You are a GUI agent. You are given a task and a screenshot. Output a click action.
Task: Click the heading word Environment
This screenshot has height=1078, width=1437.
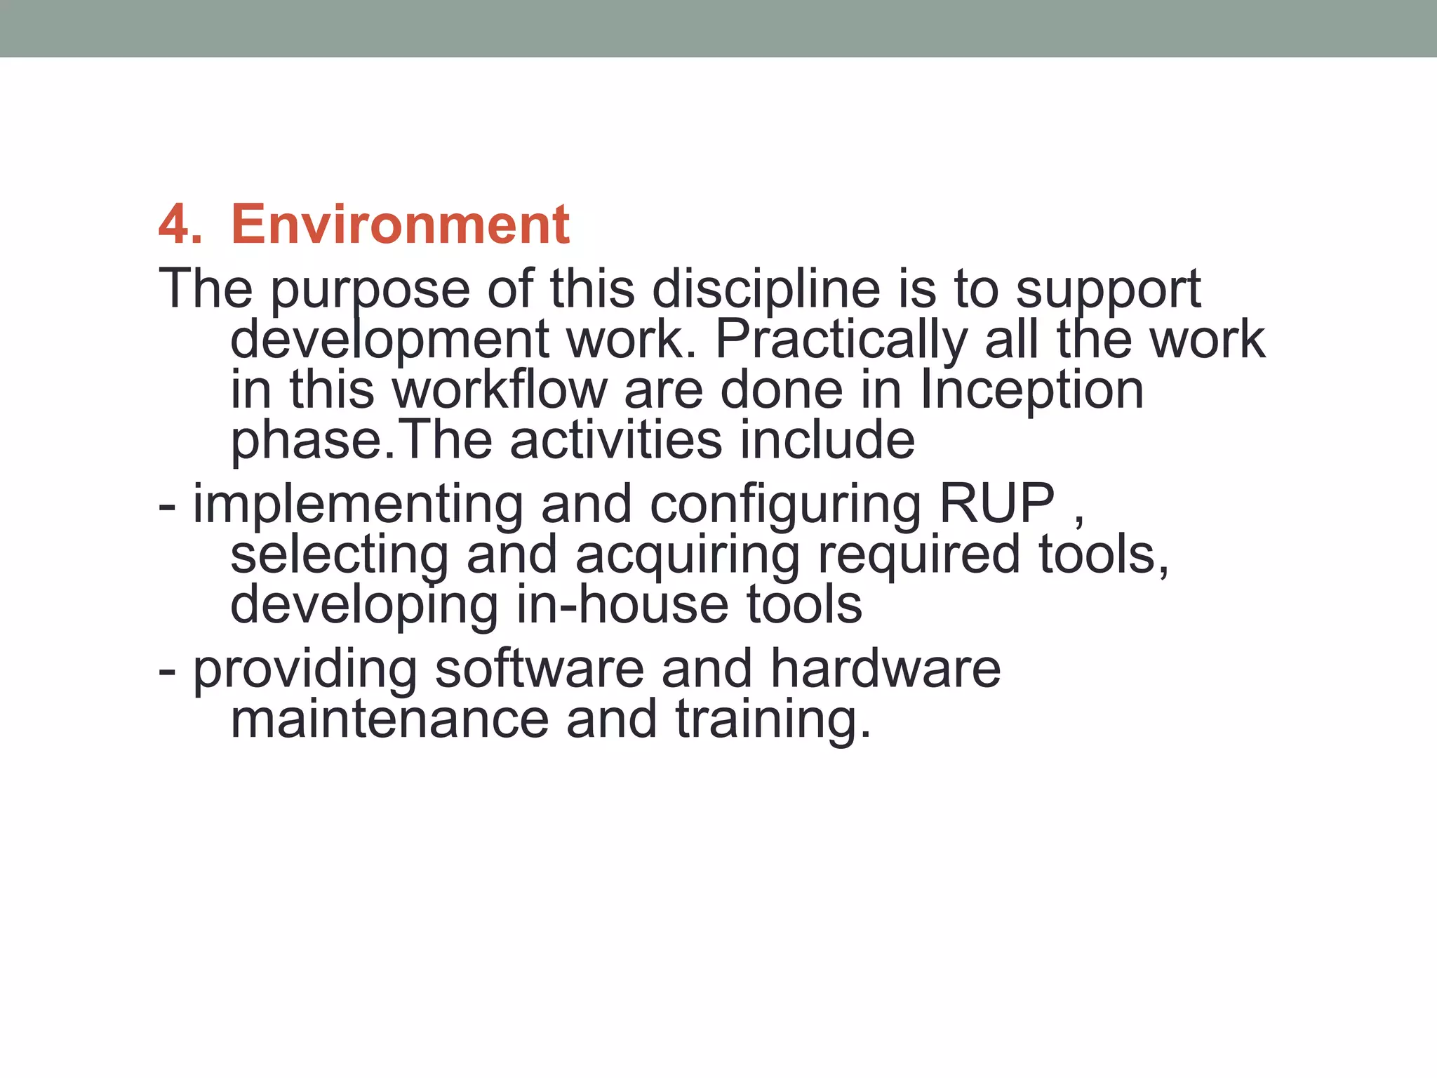pyautogui.click(x=400, y=225)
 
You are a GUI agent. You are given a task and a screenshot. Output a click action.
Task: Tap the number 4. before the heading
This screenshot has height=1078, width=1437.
pyautogui.click(x=180, y=225)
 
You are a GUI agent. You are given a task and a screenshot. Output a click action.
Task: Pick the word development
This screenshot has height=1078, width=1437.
pyautogui.click(x=389, y=340)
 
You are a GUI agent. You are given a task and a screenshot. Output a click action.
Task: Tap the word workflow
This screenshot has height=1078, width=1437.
pyautogui.click(x=499, y=390)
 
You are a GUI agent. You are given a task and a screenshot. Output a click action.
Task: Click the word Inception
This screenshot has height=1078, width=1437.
pyautogui.click(x=1031, y=390)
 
